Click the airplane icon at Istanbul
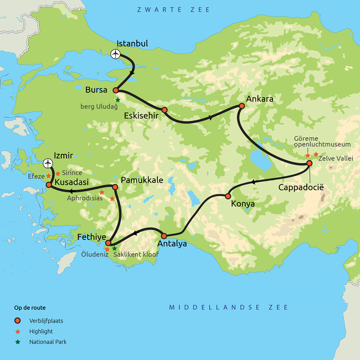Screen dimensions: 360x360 click(116, 54)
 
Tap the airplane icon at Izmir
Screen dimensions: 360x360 click(48, 163)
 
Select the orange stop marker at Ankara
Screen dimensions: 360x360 click(242, 106)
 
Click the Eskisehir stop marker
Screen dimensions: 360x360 click(165, 110)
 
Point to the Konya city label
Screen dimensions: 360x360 click(243, 204)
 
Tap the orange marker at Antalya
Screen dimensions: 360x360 click(164, 236)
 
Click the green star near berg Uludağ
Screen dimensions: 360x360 click(118, 100)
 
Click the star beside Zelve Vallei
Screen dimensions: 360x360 click(316, 154)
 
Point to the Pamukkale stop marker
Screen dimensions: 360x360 click(115, 187)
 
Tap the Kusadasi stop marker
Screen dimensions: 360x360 click(49, 184)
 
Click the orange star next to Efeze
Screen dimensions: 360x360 click(49, 176)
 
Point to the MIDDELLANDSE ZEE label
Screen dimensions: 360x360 click(229, 307)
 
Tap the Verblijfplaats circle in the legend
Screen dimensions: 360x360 click(18, 321)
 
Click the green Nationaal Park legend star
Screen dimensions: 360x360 click(18, 342)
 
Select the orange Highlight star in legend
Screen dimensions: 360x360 click(18, 331)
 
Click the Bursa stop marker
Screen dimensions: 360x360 click(116, 90)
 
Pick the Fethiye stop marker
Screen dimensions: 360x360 click(108, 243)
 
